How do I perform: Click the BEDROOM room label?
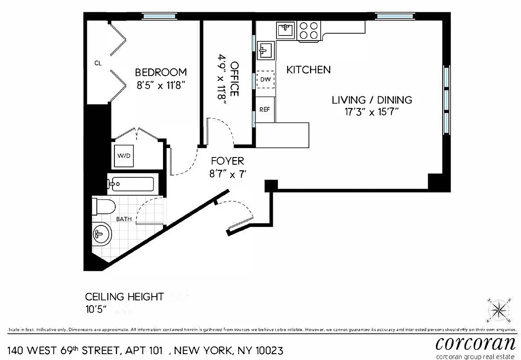point(161,72)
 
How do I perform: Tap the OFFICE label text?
point(235,79)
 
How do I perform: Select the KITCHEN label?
point(308,70)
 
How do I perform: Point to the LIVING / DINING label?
point(372,100)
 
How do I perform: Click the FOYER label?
point(227,161)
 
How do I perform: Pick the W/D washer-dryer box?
point(124,156)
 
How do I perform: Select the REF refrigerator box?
point(265,109)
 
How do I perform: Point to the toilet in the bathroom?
point(104,207)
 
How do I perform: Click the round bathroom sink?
point(101,234)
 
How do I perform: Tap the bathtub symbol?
point(131,184)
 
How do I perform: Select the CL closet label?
point(98,63)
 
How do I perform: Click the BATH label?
point(124,219)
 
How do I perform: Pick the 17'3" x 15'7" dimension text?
point(372,112)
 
